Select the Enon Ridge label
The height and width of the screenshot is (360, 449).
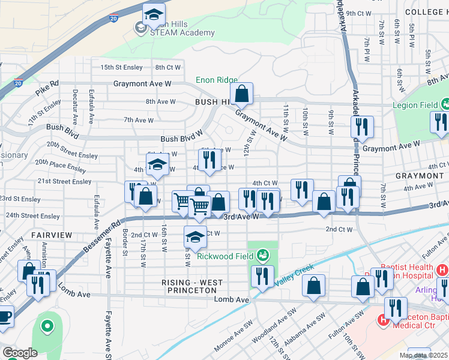pyautogui.click(x=216, y=80)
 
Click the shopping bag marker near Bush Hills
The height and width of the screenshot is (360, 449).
pyautogui.click(x=242, y=94)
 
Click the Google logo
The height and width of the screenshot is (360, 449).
pyautogui.click(x=20, y=353)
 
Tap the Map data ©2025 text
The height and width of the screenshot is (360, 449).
pyautogui.click(x=423, y=355)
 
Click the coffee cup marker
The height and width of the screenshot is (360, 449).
pyautogui.click(x=4, y=316)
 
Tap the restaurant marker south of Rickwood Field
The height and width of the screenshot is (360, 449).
pyautogui.click(x=262, y=277)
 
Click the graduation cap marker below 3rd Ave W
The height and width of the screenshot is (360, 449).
pyautogui.click(x=194, y=238)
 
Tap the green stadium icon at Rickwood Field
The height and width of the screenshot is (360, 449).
pyautogui.click(x=262, y=256)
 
